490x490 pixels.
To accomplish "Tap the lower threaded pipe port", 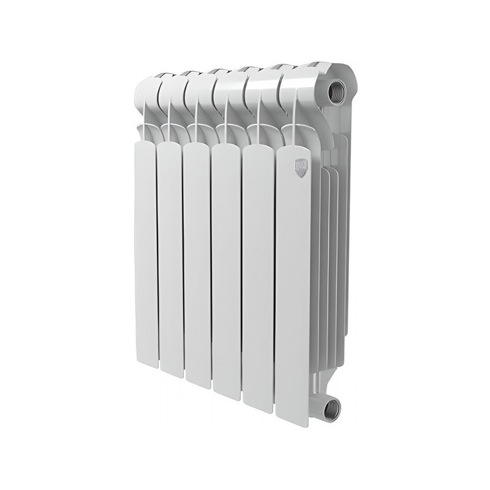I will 332,405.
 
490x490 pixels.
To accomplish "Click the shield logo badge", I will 300,165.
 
